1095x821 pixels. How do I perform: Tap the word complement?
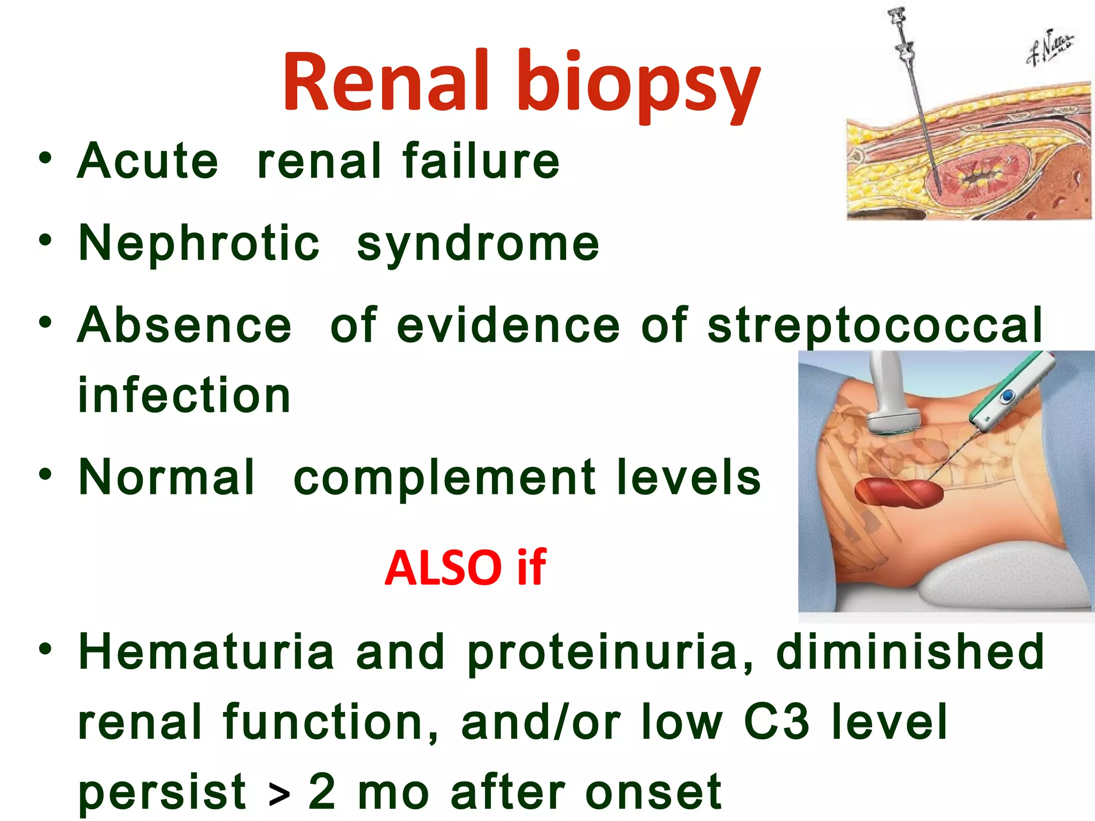click(445, 477)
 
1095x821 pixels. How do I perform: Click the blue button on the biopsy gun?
click(1007, 397)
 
